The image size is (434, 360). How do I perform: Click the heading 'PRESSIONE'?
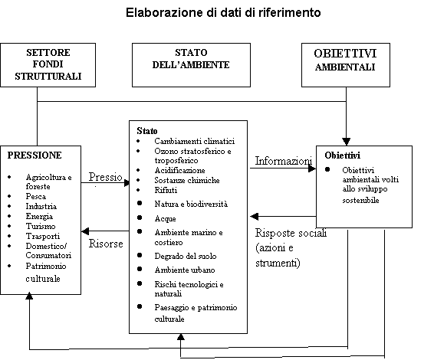35,154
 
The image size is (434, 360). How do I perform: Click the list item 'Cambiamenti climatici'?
194,142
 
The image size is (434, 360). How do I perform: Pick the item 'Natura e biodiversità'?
191,205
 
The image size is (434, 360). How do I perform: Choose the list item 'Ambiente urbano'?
185,270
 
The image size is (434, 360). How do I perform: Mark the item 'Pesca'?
35,197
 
